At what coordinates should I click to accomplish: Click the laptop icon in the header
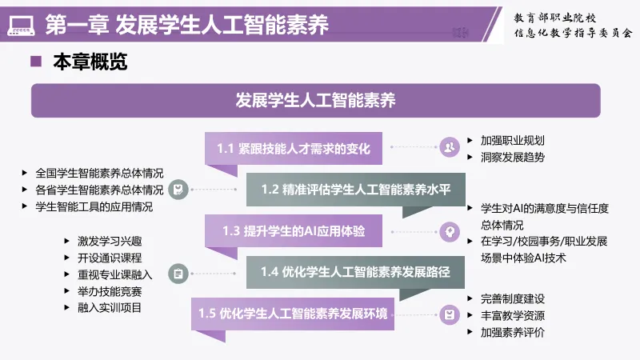pos(21,26)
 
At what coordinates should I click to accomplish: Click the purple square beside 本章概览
pos(36,62)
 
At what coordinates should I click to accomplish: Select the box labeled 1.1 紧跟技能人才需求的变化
pos(294,149)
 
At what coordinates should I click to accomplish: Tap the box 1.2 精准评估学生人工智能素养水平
pos(356,190)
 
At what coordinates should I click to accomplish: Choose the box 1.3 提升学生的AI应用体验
pos(294,231)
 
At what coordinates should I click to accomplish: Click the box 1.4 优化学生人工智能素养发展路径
pos(355,272)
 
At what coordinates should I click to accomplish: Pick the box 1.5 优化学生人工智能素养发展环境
pos(293,314)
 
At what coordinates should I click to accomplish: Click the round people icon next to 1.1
pos(450,147)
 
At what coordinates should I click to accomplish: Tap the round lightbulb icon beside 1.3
pos(450,232)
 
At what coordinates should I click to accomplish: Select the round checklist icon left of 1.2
pos(178,190)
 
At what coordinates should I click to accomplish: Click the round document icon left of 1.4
pos(178,274)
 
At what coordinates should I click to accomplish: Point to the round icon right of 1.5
pos(450,315)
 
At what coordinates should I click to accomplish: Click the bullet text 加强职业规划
pos(513,141)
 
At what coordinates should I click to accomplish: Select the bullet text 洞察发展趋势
pos(513,157)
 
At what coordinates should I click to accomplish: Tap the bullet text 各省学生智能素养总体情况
pos(99,190)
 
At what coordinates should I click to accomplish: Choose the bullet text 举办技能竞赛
pos(110,291)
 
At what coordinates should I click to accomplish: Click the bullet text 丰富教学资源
pos(513,315)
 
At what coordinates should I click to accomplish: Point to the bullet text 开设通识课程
pos(110,258)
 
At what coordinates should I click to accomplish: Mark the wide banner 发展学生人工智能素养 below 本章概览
pos(315,101)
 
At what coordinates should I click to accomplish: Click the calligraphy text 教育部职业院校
pos(554,18)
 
